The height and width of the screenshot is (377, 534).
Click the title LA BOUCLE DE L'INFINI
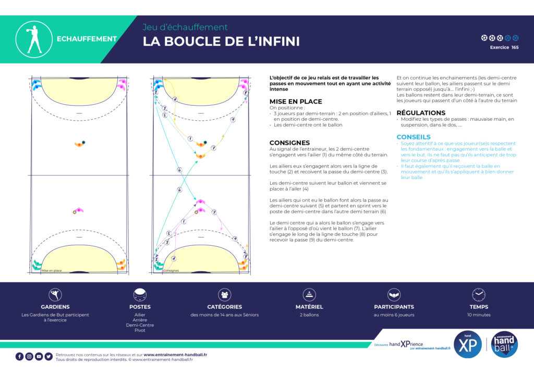tap(221, 42)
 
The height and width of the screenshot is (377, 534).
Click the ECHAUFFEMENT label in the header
tap(87, 39)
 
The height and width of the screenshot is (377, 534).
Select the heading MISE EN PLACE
tap(296, 102)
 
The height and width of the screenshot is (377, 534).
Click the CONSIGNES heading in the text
tap(289, 143)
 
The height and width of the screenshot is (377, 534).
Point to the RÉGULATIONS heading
tap(421, 113)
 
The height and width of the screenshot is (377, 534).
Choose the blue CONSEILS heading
tap(414, 137)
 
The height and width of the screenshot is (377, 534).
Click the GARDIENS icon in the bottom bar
tap(55, 295)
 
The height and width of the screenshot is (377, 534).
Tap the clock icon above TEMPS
tap(478, 295)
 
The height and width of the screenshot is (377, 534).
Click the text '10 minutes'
tap(478, 315)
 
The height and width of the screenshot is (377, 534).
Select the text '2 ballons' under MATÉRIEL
tap(309, 315)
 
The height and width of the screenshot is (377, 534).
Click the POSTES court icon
tap(140, 295)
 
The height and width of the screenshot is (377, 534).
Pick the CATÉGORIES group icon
tap(225, 295)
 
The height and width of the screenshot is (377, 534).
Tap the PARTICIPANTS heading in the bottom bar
tap(394, 307)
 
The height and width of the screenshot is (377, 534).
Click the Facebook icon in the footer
tap(19, 357)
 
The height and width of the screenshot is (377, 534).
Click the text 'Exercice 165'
tap(504, 47)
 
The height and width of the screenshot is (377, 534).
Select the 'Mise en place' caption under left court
tap(52, 271)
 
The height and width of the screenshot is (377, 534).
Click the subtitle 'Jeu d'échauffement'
tap(185, 27)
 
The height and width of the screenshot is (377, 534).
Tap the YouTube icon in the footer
tap(39, 357)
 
